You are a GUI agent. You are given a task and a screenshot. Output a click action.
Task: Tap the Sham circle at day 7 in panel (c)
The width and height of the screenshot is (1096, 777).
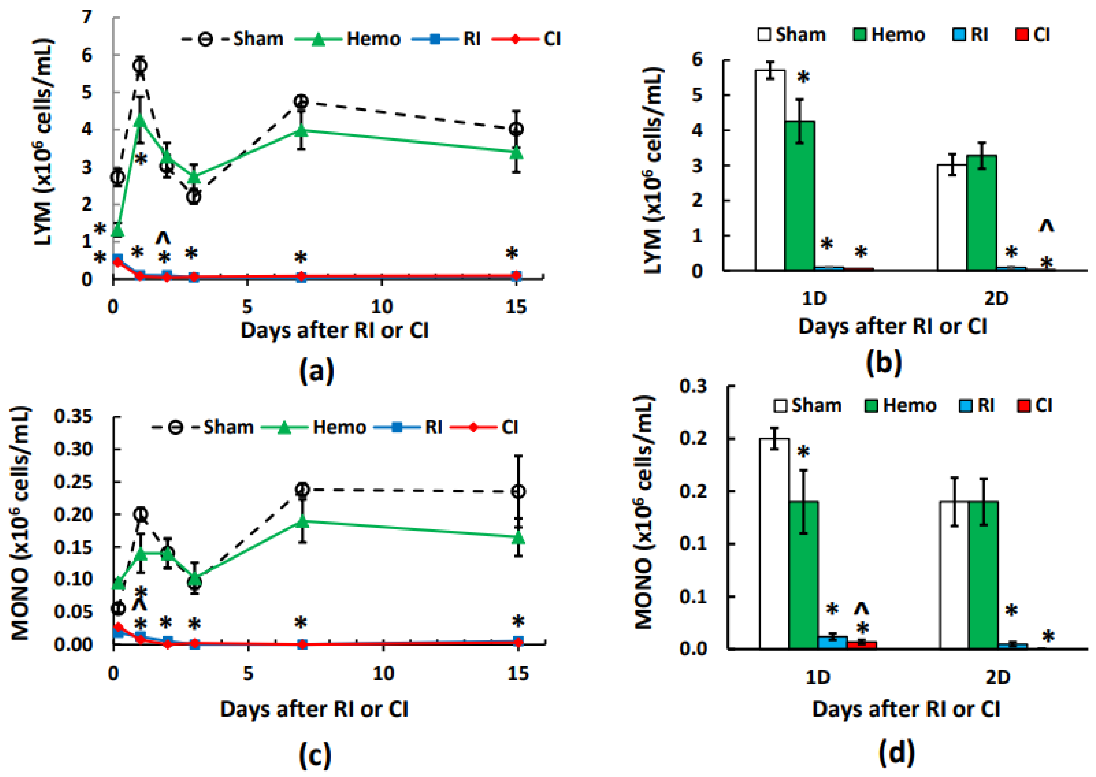click(302, 489)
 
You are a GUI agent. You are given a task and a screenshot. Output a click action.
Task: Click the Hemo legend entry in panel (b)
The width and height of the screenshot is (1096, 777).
click(889, 35)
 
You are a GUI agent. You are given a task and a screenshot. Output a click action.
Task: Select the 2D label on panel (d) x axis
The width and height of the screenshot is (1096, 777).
click(998, 677)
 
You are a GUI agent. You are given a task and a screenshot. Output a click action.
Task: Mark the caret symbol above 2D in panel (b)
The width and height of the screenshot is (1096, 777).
click(1046, 226)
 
